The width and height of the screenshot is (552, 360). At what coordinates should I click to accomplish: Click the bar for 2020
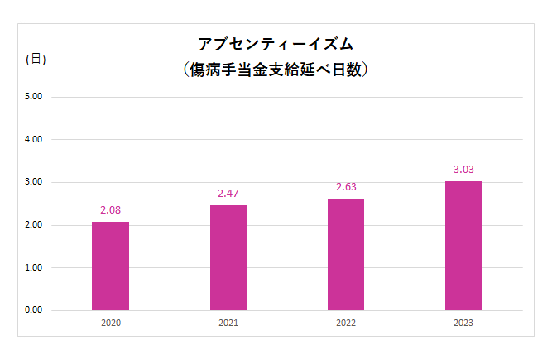[x=110, y=266]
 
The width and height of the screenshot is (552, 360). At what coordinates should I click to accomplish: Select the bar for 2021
[x=228, y=257]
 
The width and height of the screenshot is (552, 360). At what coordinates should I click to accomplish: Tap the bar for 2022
[x=346, y=254]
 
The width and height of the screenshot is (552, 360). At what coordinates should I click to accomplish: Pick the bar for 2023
[x=463, y=246]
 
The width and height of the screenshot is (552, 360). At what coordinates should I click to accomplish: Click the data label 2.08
[x=110, y=209]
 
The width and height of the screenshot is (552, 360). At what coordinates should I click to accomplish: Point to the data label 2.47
[x=228, y=193]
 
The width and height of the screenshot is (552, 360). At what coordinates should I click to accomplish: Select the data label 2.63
[x=346, y=186]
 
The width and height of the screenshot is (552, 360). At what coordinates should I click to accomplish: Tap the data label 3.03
[x=463, y=169]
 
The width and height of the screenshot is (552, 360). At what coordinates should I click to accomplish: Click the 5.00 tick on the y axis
[x=34, y=97]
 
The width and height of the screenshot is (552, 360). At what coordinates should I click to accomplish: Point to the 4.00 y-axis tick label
[x=34, y=139]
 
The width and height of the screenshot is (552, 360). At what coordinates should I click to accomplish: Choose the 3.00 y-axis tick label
[x=34, y=182]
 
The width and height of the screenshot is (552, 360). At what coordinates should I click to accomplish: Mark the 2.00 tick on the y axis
[x=34, y=225]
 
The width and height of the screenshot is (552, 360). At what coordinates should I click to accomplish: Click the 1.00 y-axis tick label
[x=34, y=267]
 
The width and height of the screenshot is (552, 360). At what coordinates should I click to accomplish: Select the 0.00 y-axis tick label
[x=34, y=310]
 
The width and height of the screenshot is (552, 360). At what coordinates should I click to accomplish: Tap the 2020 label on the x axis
[x=110, y=324]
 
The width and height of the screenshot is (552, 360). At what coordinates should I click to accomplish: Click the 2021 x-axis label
[x=228, y=324]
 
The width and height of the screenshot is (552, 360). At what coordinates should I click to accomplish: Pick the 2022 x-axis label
[x=346, y=324]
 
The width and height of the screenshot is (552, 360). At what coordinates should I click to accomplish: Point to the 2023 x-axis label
[x=463, y=324]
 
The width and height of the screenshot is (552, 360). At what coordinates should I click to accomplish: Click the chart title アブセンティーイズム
[x=276, y=43]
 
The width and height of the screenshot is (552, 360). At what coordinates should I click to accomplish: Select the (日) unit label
[x=36, y=59]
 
